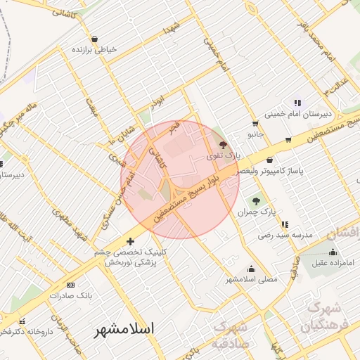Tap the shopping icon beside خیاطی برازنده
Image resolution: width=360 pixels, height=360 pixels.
click(x=95, y=39)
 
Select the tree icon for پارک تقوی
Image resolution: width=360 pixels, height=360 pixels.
click(x=224, y=143)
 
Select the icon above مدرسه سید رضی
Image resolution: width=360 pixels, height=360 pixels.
click(x=285, y=224)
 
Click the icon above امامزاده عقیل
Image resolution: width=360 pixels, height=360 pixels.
click(x=333, y=252)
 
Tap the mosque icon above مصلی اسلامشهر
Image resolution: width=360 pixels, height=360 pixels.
click(x=251, y=269)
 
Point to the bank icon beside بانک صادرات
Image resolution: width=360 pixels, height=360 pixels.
click(x=70, y=285)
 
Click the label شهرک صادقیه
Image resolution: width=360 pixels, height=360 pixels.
click(x=229, y=335)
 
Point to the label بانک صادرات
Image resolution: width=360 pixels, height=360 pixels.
click(x=71, y=295)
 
